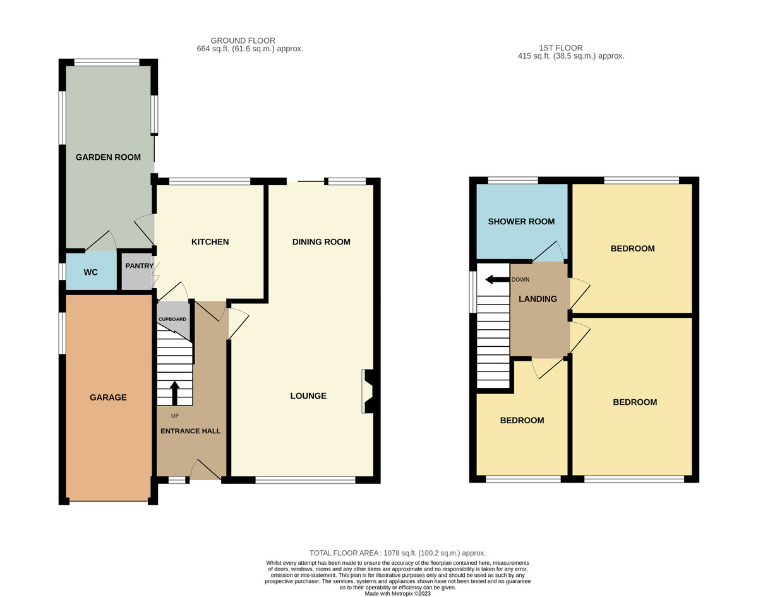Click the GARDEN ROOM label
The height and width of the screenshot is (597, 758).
108,157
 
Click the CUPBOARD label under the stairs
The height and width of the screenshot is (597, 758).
172,320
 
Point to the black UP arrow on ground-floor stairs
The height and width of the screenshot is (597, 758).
175,392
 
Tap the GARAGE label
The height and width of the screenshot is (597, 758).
108,397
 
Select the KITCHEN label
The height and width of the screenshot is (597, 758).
210,242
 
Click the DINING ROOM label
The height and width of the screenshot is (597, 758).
321,242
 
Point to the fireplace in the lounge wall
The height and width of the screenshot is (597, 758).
368,392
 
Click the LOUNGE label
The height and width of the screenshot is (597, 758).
308,396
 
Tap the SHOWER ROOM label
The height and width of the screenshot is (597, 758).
521,222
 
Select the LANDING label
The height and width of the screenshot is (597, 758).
538,299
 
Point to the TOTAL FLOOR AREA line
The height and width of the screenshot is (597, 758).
397,553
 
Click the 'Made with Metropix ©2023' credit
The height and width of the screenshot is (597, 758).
397,593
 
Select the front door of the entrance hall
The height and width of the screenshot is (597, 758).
205,471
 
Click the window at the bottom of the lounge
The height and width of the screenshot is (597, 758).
305,480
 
